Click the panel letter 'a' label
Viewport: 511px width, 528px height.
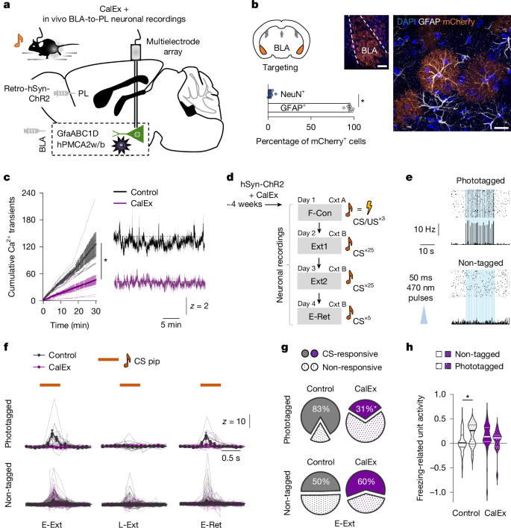coord(7,6)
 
